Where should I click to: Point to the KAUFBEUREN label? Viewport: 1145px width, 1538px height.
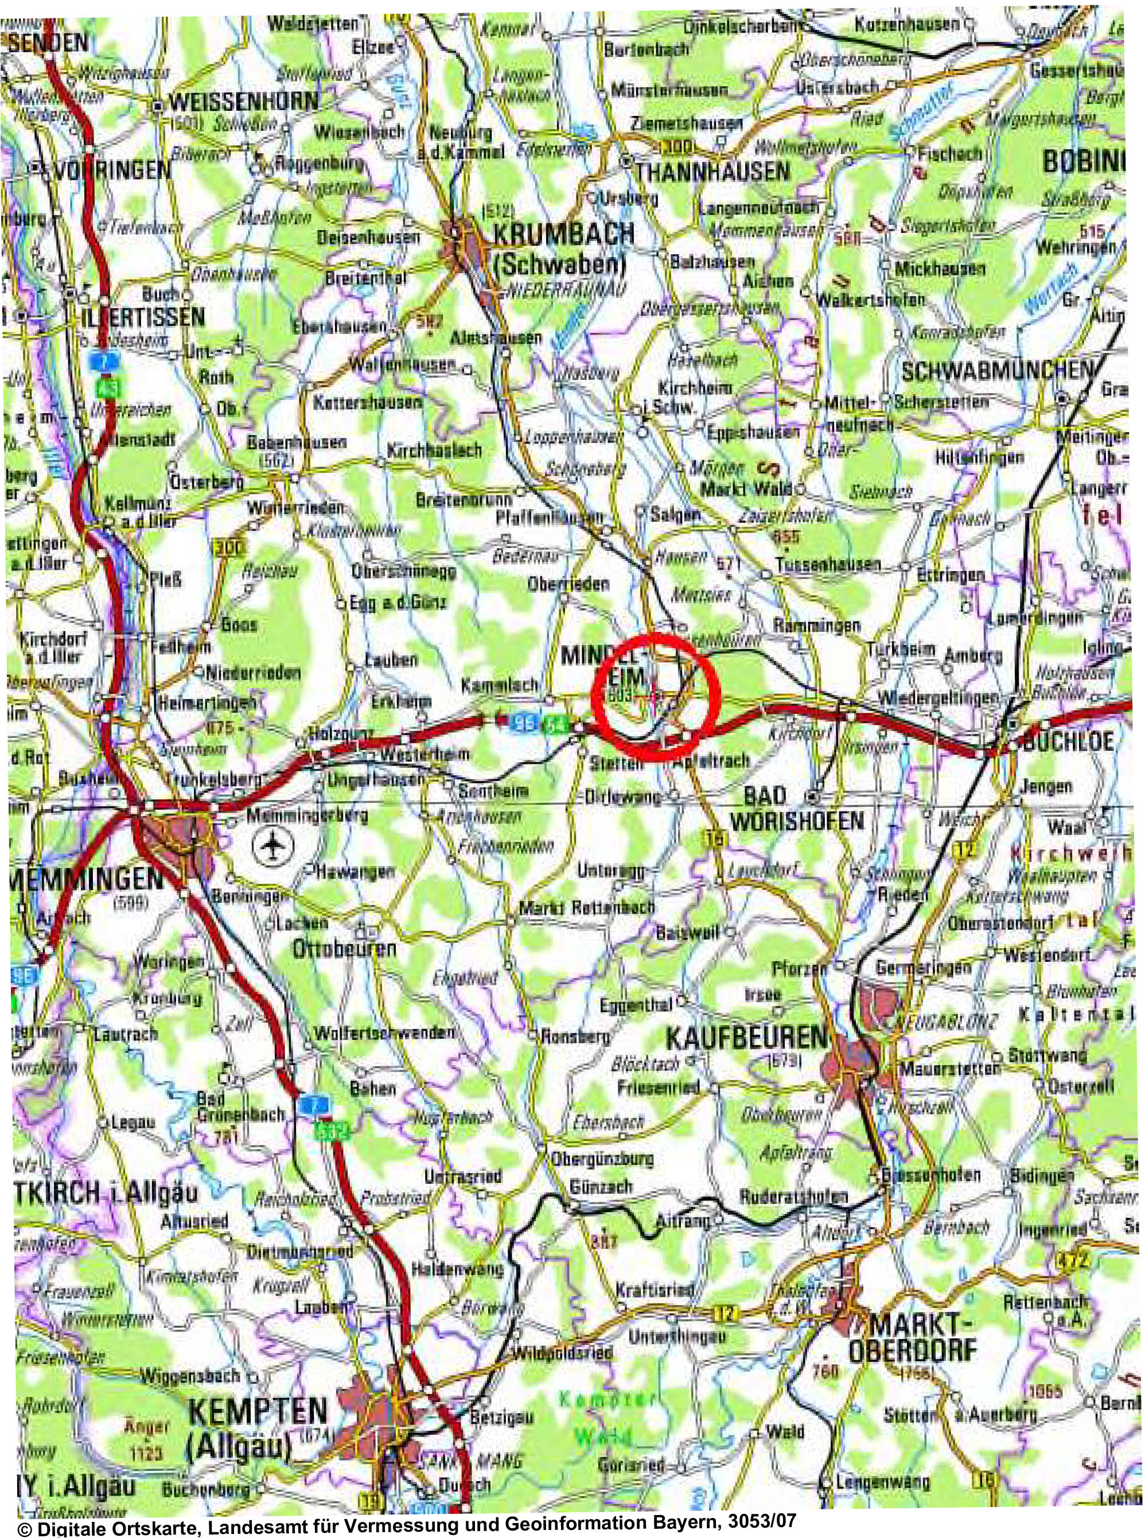click(746, 1038)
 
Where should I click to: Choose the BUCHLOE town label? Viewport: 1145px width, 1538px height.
click(1068, 741)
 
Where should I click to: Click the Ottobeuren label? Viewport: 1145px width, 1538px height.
click(344, 948)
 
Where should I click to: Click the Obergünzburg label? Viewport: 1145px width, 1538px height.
click(602, 1158)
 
